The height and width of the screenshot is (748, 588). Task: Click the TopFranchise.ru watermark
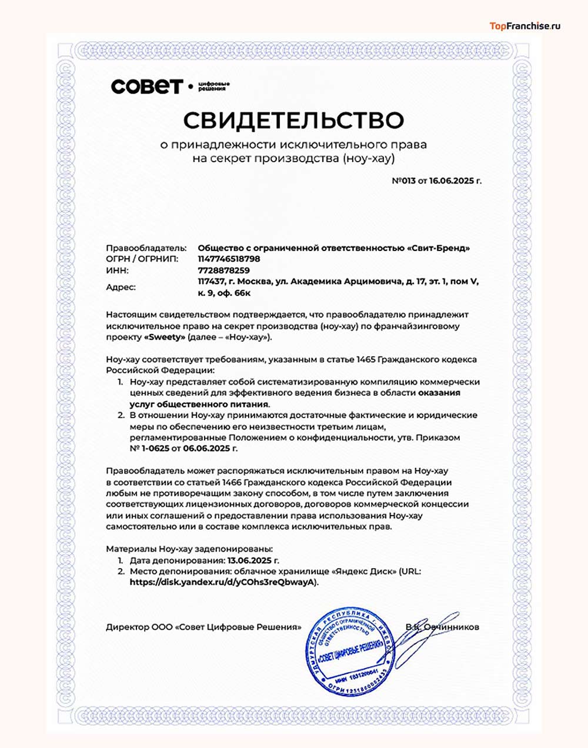coord(525,26)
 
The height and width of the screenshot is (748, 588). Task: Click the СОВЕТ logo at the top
coord(147,86)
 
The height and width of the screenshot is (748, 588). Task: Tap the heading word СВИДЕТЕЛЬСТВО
coord(293,120)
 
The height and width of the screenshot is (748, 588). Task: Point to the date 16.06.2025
coord(450,181)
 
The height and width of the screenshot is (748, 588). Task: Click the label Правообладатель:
coord(146,248)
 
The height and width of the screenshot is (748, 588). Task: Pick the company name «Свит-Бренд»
coord(438,248)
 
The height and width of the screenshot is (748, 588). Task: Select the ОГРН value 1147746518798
coord(229,259)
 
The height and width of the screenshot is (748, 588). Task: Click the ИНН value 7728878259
coord(223,271)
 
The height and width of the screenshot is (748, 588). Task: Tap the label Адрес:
coord(121,288)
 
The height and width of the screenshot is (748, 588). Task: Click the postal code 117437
coord(211,282)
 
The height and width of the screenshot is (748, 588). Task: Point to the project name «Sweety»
coord(165,338)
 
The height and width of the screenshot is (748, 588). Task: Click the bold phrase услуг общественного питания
coord(199,404)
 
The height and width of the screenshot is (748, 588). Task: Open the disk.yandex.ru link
coord(223,582)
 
